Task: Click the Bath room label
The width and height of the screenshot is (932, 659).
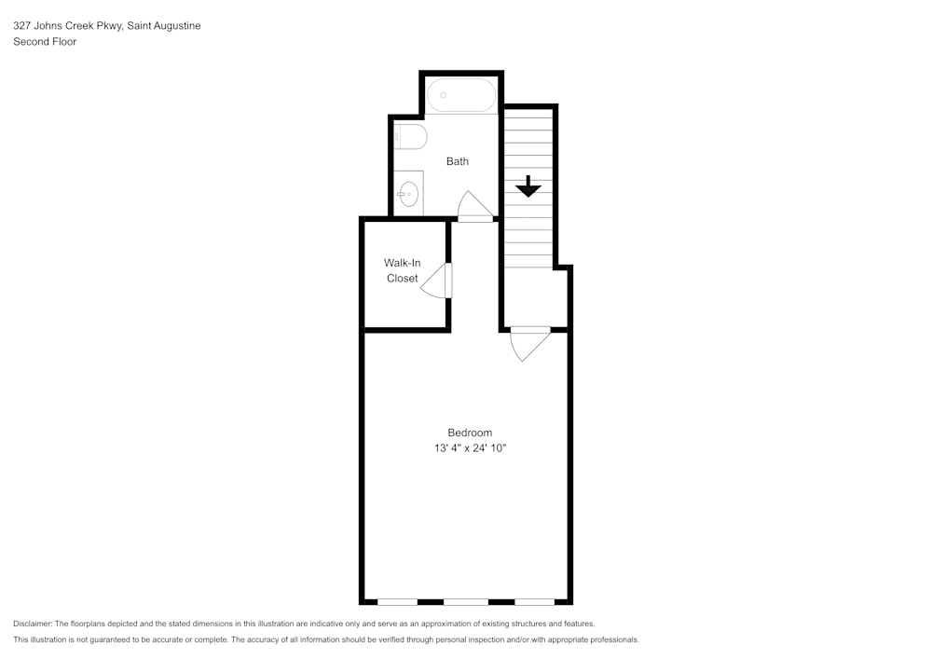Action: (x=458, y=161)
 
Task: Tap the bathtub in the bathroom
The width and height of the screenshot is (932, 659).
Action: (x=461, y=95)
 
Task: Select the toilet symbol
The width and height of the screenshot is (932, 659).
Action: (x=410, y=138)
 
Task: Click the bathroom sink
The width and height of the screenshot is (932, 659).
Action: (x=408, y=194)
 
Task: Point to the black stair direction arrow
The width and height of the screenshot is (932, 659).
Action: (x=528, y=186)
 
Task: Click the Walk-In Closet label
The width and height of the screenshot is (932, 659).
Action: (x=403, y=270)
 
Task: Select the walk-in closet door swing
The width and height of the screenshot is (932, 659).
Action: (x=436, y=281)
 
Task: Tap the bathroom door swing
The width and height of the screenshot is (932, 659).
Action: (x=475, y=206)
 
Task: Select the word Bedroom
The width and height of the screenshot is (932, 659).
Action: (x=470, y=432)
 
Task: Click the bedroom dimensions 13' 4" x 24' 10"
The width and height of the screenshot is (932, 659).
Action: (x=470, y=448)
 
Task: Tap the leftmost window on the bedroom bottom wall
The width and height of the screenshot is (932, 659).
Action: (x=397, y=601)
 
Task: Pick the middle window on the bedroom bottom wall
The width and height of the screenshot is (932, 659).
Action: (x=466, y=601)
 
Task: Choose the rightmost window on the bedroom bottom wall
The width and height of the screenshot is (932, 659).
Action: (x=534, y=601)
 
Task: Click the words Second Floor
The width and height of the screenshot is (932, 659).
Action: (x=45, y=42)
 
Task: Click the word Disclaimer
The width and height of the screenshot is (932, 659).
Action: (x=33, y=624)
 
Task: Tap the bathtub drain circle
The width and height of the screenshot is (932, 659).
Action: (x=444, y=95)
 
